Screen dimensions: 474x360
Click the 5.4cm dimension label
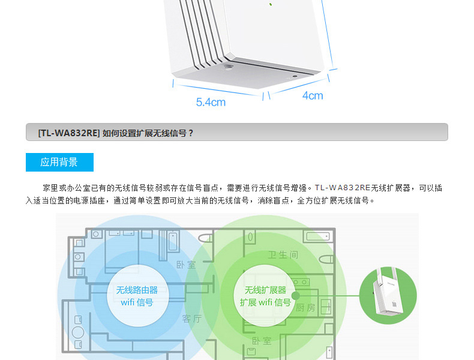pos(211,102)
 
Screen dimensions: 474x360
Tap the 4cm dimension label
pos(312,95)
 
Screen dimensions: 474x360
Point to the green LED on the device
pos(271,4)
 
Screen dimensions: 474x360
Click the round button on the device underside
pos(228,68)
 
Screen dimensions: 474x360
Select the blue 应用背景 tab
pos(59,162)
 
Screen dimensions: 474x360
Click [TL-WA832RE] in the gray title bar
pos(68,133)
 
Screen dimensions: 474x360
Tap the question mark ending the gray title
pos(191,133)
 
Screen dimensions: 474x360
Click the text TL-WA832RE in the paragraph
pos(342,188)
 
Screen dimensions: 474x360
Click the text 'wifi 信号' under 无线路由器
pos(136,302)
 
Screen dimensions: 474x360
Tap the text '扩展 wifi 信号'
pos(265,302)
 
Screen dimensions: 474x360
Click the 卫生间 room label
pos(283,255)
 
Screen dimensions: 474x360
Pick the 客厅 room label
pos(192,319)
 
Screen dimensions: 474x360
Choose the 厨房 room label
pos(305,307)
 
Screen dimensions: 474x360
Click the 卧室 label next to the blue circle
pos(185,265)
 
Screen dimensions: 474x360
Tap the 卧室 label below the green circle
pos(262,341)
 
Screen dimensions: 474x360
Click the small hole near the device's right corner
pos(295,76)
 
